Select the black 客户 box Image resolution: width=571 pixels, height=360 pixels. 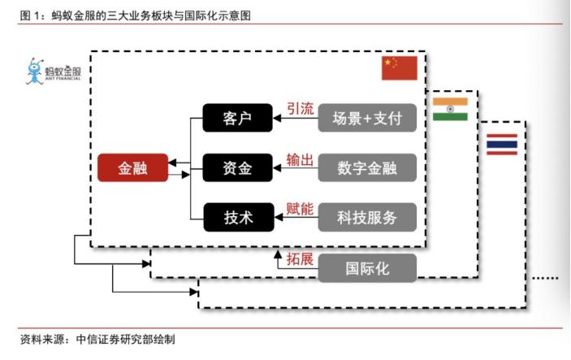(x=238, y=119)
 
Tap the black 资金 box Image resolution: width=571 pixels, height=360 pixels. (x=238, y=168)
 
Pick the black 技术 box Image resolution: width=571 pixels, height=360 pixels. (x=238, y=217)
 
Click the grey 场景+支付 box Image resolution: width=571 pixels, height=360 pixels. (x=367, y=119)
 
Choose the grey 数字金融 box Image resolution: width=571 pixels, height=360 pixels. (x=367, y=168)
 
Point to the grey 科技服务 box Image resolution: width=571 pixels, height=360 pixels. (x=367, y=217)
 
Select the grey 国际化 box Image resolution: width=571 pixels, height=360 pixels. (x=367, y=268)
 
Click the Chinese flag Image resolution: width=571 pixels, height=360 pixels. (x=399, y=68)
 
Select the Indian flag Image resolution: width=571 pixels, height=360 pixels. (x=450, y=110)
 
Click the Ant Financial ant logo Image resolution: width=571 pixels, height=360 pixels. (x=34, y=71)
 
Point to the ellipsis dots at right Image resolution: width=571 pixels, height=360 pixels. (x=546, y=279)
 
